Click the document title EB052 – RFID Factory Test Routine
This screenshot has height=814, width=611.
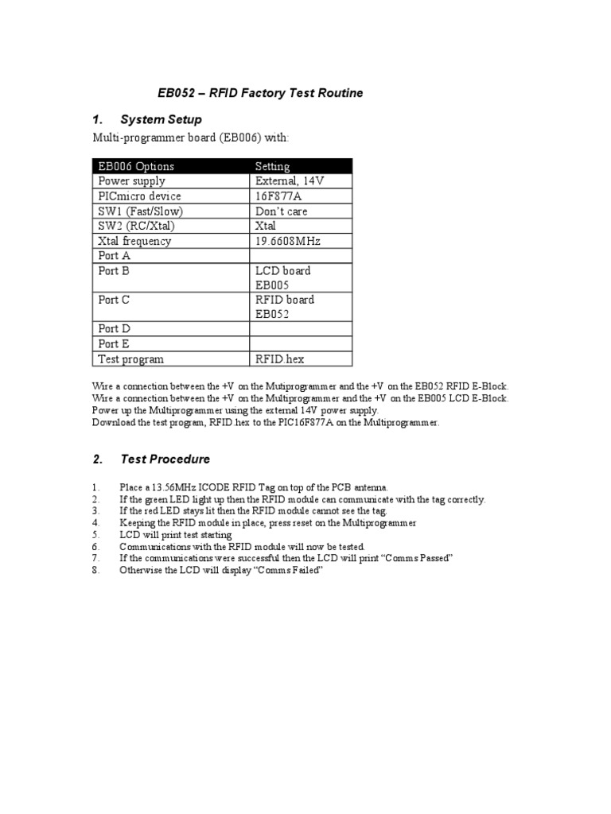[259, 93]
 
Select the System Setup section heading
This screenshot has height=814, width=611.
[161, 119]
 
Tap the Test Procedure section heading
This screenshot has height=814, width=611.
[165, 459]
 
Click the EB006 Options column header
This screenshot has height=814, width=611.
[135, 166]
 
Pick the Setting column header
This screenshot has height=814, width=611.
[272, 166]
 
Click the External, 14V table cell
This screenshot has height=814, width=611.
[290, 181]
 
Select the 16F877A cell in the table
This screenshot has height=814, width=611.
[279, 196]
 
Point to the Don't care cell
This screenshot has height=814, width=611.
[281, 211]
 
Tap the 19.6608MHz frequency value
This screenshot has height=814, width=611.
[288, 241]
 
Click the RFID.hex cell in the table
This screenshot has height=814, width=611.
[279, 359]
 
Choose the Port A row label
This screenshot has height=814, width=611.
[114, 256]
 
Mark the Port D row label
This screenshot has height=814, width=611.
[114, 329]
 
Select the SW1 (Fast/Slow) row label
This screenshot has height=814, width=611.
[140, 211]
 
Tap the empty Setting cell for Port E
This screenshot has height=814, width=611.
[300, 344]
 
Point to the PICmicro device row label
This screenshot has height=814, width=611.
[139, 196]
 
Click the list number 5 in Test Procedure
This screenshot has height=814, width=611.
[95, 536]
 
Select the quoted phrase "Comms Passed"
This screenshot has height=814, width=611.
[416, 559]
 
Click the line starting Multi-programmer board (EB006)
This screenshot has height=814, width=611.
[192, 139]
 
